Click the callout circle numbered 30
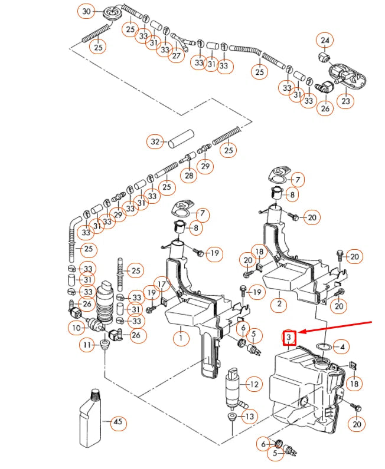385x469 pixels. coord(86,12)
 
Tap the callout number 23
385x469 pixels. coord(346,101)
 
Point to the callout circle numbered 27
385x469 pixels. coord(176,56)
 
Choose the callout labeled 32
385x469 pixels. coord(155,142)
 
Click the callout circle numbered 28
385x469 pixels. coord(189,176)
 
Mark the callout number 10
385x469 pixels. coord(77,327)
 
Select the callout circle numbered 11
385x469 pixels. coord(87,345)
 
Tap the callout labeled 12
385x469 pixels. coord(253,385)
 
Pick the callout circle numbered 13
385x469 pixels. coord(250,416)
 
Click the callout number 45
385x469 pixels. coord(118,422)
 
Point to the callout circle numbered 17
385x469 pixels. coord(161,285)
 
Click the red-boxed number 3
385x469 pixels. coord(289,338)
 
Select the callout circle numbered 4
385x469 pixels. coord(340,346)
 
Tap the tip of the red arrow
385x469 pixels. coord(298,333)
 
